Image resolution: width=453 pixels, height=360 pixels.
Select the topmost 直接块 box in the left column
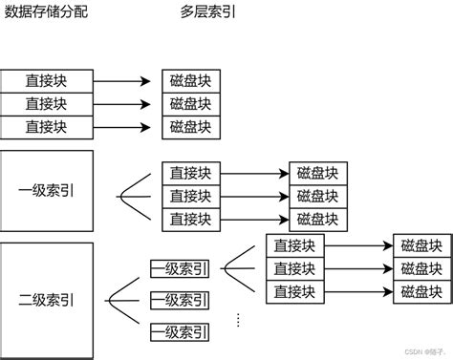click(x=47, y=80)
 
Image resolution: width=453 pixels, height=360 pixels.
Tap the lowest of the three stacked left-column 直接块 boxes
click(x=47, y=126)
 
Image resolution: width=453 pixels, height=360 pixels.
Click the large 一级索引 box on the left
click(x=47, y=190)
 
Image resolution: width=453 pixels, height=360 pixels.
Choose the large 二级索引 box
click(x=47, y=300)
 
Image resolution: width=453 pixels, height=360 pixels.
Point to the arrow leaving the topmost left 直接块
click(x=121, y=80)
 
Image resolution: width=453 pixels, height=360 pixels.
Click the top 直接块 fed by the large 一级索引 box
click(x=191, y=173)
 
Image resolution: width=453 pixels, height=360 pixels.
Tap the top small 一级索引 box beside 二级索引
click(x=180, y=268)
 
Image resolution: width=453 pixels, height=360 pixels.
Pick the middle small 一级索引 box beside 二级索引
click(x=180, y=301)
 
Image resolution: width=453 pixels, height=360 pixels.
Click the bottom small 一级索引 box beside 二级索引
click(x=180, y=333)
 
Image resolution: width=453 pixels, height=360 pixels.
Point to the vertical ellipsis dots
click(x=234, y=315)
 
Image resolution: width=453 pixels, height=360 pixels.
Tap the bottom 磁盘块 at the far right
click(x=421, y=290)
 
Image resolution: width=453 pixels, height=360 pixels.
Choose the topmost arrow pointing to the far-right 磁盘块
click(x=359, y=245)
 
